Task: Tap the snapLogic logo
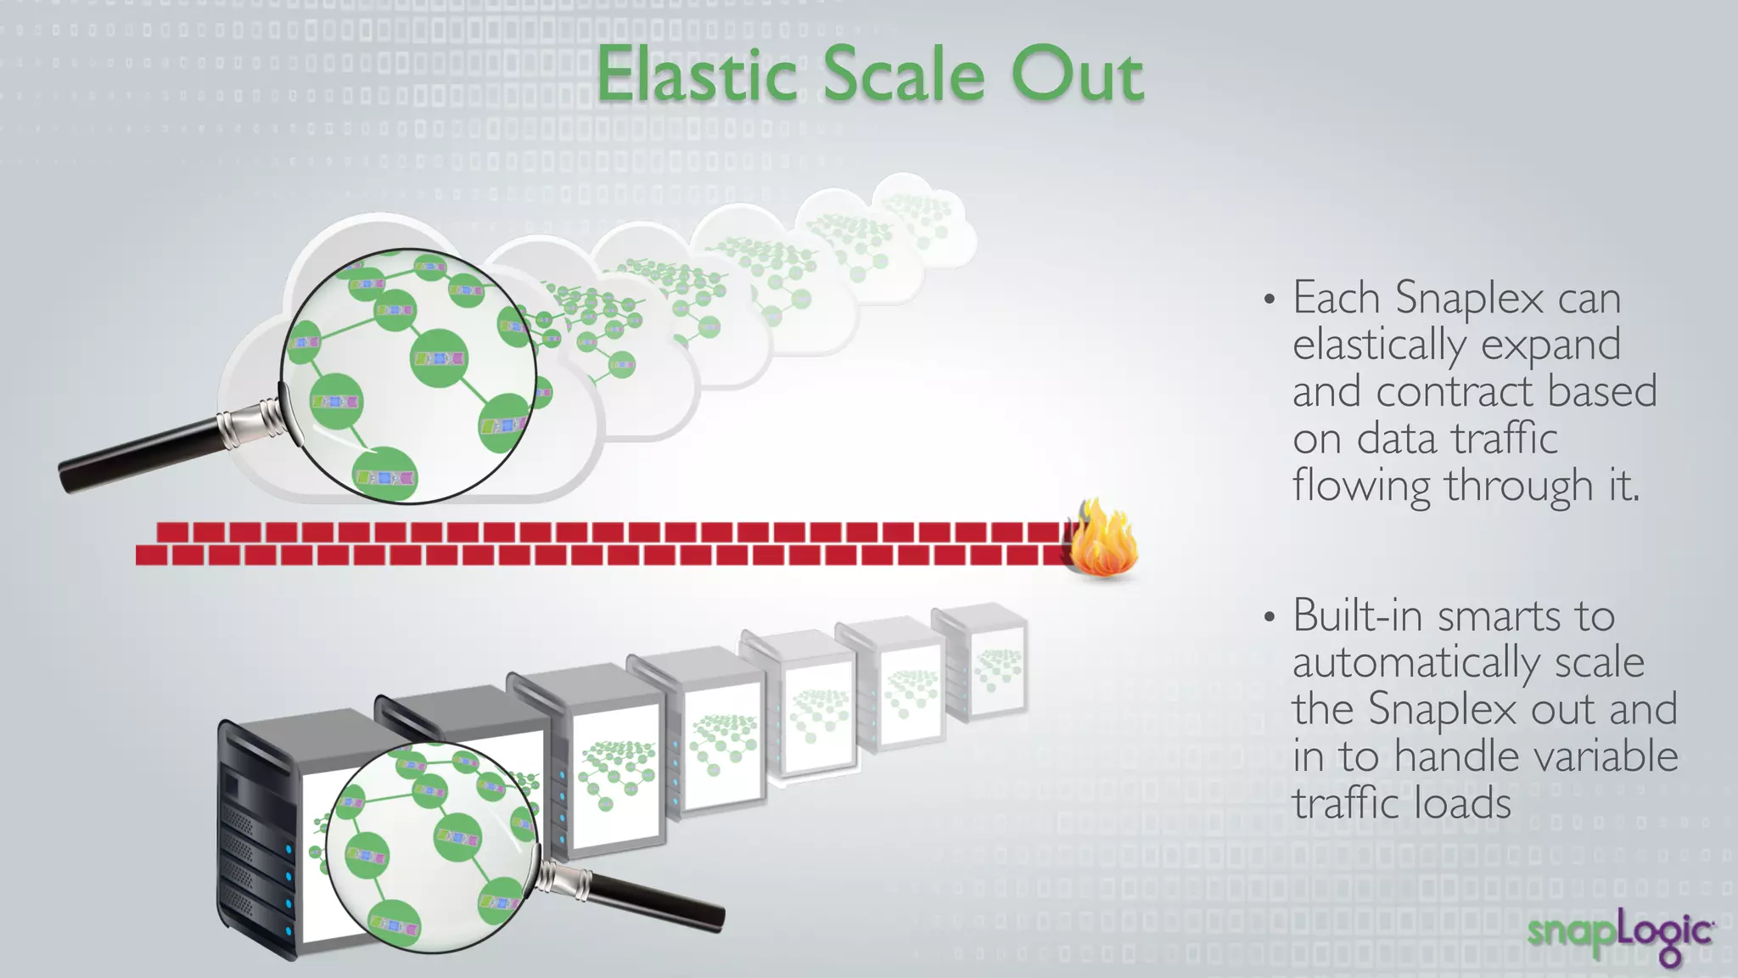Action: pyautogui.click(x=1621, y=934)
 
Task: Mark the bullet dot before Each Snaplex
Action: pyautogui.click(x=1270, y=300)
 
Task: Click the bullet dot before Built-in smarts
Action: pyautogui.click(x=1270, y=617)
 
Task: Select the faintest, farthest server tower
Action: pyautogui.click(x=983, y=662)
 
